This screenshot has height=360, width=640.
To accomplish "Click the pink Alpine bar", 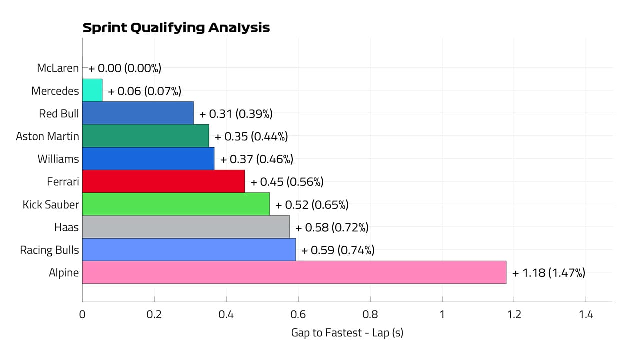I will point(294,272).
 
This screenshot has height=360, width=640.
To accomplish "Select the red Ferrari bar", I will point(163,181).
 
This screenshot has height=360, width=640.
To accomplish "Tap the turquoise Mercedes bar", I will point(92,90).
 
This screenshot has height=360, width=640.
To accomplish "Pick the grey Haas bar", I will point(186,227).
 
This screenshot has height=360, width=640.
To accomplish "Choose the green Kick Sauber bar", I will point(176,204).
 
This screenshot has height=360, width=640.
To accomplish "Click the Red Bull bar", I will point(138,113).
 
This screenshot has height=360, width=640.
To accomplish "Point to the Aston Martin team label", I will point(47,136).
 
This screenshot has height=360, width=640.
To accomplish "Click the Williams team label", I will point(58,159).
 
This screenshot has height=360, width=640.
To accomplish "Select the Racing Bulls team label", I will point(49,250).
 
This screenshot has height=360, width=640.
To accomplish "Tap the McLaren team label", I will point(58,68).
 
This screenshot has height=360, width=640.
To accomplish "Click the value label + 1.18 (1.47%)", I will point(548,273).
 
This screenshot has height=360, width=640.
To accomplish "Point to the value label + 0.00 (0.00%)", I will point(125,68).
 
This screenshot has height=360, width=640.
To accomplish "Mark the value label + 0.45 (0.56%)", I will point(287,182).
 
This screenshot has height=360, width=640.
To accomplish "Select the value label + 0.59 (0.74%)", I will point(338,250).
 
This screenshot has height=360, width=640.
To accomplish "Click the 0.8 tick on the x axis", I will point(370,315).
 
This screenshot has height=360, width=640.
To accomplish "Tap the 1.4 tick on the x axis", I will point(586,315).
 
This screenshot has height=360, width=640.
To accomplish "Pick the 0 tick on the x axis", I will point(82,315).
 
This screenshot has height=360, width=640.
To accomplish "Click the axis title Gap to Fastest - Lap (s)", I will point(347,332).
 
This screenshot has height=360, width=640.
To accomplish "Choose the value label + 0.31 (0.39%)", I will point(236,114).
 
